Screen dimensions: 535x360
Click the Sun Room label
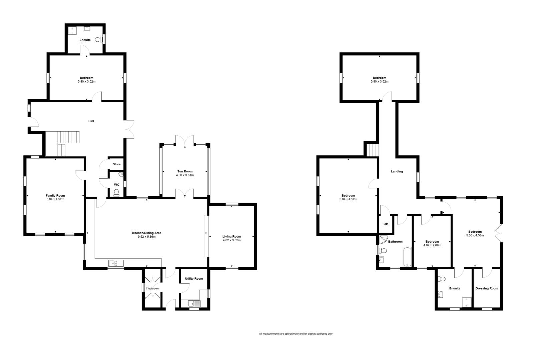click(x=185, y=171)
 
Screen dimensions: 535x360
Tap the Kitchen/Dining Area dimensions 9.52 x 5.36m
click(x=147, y=237)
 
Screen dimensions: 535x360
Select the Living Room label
click(x=231, y=237)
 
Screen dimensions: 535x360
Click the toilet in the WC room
click(x=116, y=193)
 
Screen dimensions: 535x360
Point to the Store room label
click(x=116, y=164)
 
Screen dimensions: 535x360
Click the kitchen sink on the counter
click(x=116, y=263)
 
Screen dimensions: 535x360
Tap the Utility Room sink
click(x=194, y=304)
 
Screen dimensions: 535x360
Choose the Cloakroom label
click(x=152, y=289)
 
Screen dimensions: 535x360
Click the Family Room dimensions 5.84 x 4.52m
click(x=55, y=199)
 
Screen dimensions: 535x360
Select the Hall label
click(x=91, y=121)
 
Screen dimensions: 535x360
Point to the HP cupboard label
click(x=386, y=224)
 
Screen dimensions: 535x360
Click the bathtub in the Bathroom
click(x=407, y=257)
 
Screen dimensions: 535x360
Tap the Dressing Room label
click(x=487, y=288)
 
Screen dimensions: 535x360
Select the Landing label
click(x=397, y=171)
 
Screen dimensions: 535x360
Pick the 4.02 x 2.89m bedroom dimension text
click(x=432, y=245)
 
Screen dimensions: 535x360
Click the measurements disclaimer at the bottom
click(x=296, y=334)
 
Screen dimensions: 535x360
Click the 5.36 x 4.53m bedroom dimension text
click(x=475, y=235)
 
